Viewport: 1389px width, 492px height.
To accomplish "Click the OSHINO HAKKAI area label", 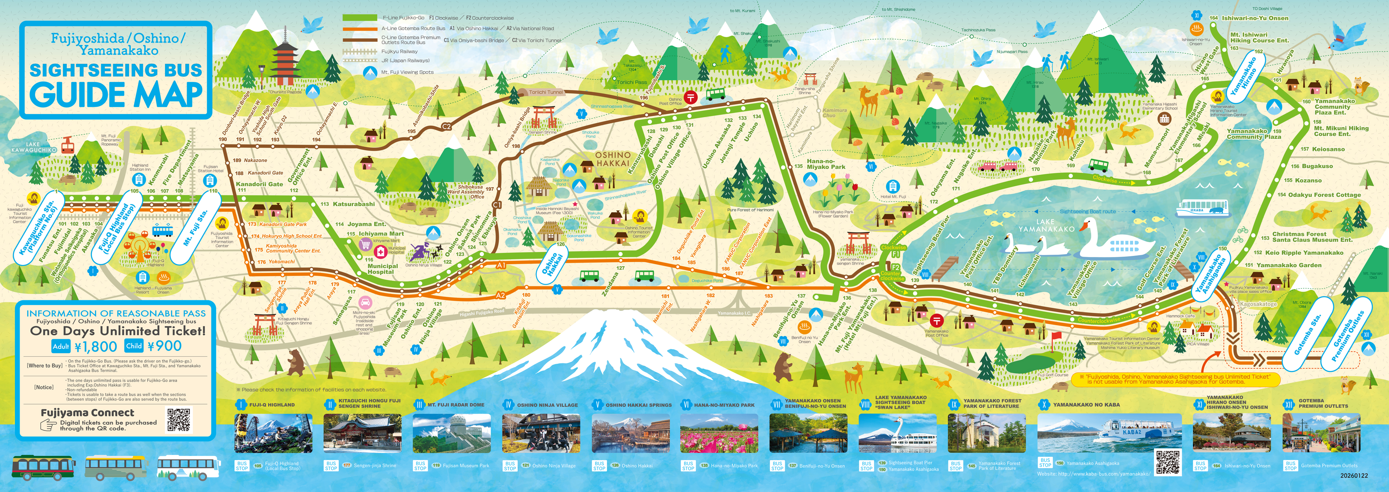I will (x=612, y=159).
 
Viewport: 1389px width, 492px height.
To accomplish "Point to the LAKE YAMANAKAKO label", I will (x=1046, y=225).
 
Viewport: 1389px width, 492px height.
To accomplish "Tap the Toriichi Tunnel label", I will (x=546, y=92).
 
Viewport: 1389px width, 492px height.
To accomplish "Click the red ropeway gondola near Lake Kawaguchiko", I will (x=67, y=144).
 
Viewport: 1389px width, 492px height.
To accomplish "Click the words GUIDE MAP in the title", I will (x=116, y=95).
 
